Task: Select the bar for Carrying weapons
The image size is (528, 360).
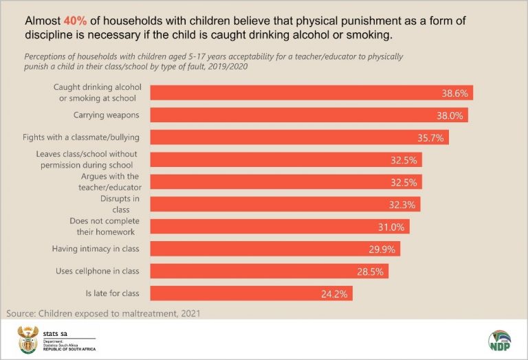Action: click(309, 115)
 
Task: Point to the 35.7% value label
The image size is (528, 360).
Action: click(431, 137)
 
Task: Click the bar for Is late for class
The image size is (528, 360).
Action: click(252, 293)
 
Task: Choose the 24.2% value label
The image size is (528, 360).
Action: click(336, 294)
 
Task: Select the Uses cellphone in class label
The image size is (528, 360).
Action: click(97, 271)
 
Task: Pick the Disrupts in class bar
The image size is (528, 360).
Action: click(285, 204)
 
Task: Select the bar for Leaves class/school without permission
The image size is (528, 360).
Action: click(286, 159)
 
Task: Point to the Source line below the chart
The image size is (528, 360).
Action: click(102, 313)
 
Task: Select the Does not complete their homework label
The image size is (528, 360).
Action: click(104, 226)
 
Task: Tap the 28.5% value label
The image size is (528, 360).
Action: click(371, 271)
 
